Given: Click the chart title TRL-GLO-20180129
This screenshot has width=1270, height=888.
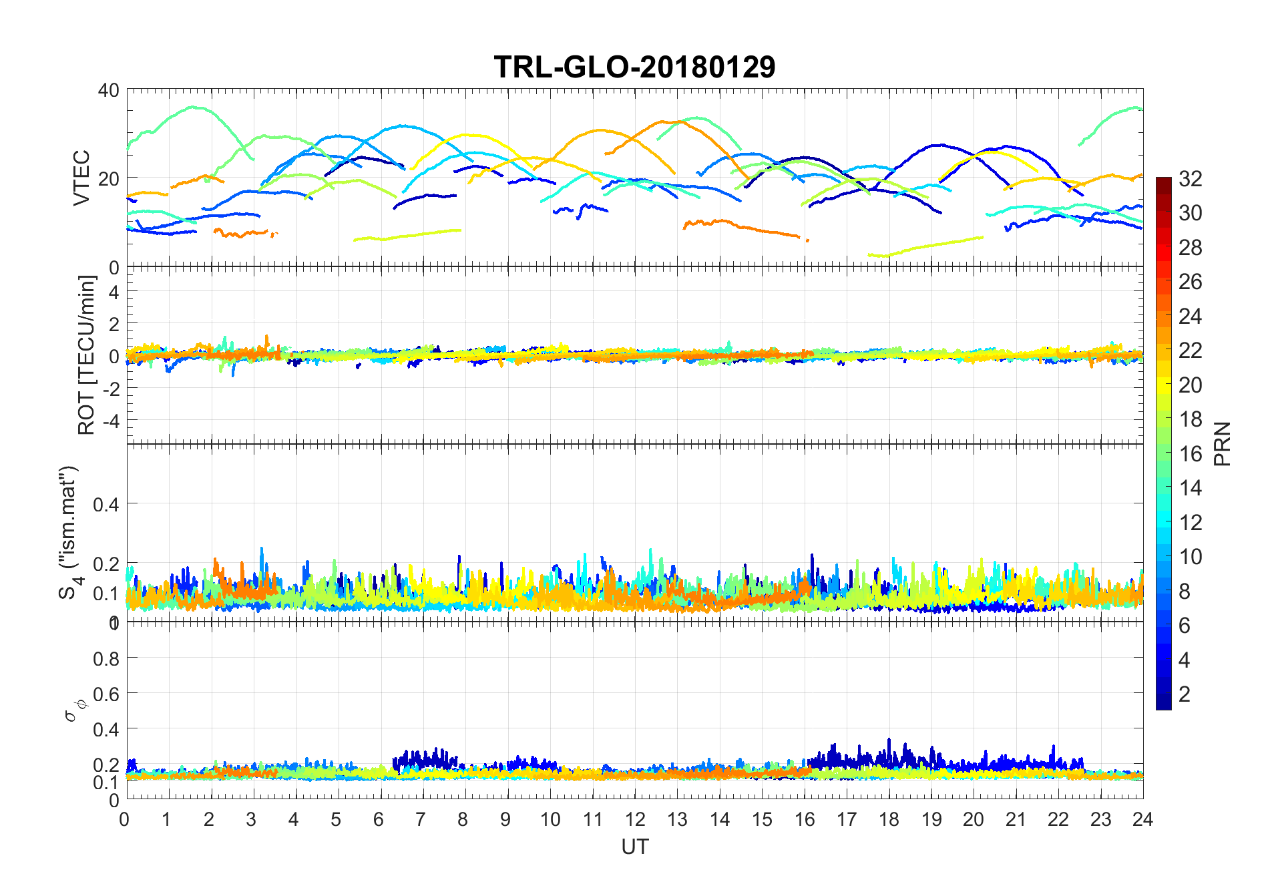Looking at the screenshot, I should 634,67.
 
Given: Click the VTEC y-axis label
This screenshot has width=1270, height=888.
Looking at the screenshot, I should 81,178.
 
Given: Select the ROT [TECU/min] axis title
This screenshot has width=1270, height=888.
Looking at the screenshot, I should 86,355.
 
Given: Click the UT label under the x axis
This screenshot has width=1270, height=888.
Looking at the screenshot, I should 634,847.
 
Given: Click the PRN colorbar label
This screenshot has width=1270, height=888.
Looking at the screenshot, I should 1222,443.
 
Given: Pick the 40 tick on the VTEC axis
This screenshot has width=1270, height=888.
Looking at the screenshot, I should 109,89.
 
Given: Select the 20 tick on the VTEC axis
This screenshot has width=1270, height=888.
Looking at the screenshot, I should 109,178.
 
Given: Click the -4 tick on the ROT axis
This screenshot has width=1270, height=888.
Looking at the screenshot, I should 110,421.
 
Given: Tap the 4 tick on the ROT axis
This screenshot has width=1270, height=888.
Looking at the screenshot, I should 114,292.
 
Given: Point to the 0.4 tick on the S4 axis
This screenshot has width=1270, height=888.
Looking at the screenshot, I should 105,504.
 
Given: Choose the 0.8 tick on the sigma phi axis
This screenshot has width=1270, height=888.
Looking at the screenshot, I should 105,658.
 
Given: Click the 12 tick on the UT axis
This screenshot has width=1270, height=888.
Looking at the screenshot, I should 635,819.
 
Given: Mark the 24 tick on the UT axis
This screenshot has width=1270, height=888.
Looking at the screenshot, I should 1142,819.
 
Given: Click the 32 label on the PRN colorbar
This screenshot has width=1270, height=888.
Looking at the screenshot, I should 1191,178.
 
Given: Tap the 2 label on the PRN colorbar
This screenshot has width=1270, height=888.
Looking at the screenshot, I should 1185,694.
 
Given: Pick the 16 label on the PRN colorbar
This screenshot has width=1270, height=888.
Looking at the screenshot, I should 1191,453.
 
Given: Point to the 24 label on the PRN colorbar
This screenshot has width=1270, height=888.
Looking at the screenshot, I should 1191,316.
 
